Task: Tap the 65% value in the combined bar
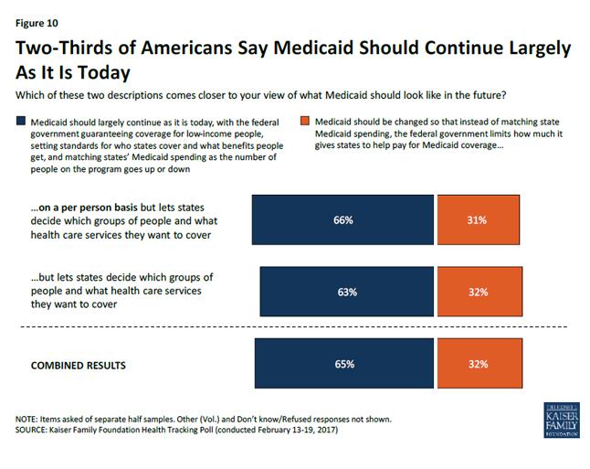click(x=343, y=364)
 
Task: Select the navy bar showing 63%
click(x=301, y=292)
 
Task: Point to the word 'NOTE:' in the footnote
click(x=27, y=420)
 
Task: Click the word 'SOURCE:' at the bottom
click(x=33, y=431)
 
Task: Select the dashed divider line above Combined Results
click(x=292, y=327)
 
